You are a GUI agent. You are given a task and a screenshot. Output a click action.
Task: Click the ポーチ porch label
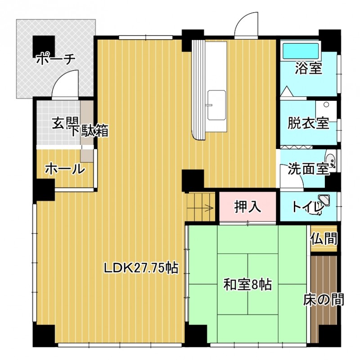pyautogui.click(x=56, y=59)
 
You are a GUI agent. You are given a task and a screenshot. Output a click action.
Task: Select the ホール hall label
pyautogui.click(x=65, y=170)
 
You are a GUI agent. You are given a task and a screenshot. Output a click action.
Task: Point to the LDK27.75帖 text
pyautogui.click(x=141, y=267)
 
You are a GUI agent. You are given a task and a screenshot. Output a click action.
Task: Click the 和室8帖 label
pyautogui.click(x=247, y=284)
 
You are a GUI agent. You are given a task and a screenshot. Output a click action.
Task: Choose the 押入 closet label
pyautogui.click(x=247, y=207)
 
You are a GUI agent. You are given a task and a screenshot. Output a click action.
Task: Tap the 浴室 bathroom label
pyautogui.click(x=308, y=68)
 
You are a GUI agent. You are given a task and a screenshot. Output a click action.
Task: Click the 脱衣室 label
pyautogui.click(x=308, y=123)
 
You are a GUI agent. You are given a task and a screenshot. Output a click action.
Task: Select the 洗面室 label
pyautogui.click(x=308, y=169)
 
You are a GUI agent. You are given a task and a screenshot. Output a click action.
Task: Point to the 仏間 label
pyautogui.click(x=324, y=238)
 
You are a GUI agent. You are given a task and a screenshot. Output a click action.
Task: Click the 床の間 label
pyautogui.click(x=324, y=299)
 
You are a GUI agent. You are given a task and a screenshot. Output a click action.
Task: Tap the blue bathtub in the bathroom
pyautogui.click(x=301, y=51)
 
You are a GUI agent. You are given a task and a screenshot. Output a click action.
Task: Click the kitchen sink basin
pyautogui.click(x=217, y=105)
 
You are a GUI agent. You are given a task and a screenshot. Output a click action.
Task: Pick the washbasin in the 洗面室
pyautogui.click(x=330, y=159)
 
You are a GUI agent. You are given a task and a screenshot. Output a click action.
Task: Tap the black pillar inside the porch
pyautogui.click(x=44, y=47)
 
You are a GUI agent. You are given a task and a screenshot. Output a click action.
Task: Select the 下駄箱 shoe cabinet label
pyautogui.click(x=90, y=130)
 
